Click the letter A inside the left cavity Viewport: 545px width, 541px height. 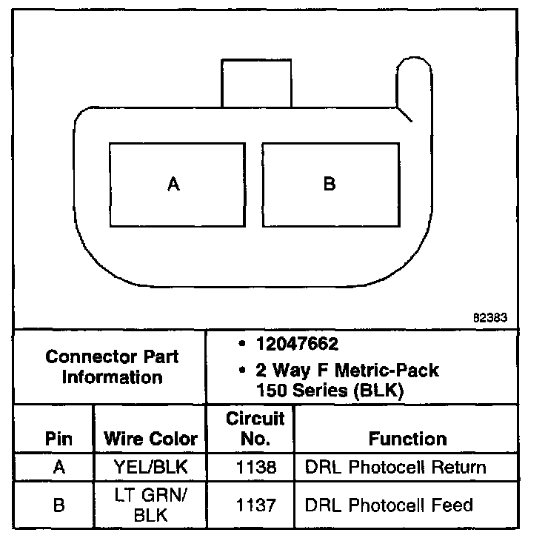tap(174, 184)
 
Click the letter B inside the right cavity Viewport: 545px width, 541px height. tap(330, 184)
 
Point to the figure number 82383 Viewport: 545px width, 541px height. tap(489, 317)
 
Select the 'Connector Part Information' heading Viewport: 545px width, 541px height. tap(112, 367)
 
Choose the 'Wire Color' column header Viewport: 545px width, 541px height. tap(151, 439)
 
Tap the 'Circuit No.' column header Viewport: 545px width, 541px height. tap(255, 429)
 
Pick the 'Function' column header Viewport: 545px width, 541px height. tap(407, 439)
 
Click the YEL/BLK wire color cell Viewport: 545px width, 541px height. tap(151, 468)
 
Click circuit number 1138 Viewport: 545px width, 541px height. tap(255, 468)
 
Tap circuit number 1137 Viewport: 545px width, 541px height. tap(255, 506)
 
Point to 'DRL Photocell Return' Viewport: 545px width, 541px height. tap(395, 468)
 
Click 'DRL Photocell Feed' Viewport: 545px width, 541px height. tap(389, 506)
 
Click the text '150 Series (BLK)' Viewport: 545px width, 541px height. tap(330, 391)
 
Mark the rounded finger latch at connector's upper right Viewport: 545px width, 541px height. tap(415, 82)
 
